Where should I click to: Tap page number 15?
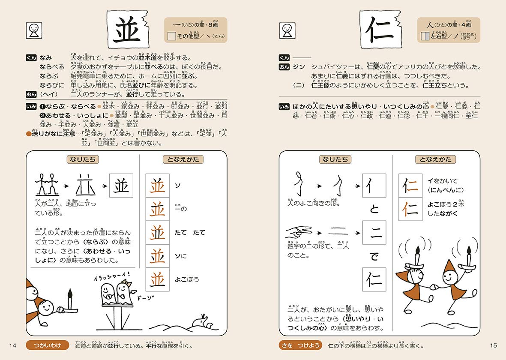(x=493, y=345)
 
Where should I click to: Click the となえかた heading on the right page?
(x=435, y=159)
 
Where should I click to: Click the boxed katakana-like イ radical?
(x=374, y=186)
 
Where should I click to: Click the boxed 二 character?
(x=374, y=233)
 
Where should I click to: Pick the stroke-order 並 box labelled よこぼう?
(x=157, y=279)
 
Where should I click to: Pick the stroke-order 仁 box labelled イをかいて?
(x=410, y=186)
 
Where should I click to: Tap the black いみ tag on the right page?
(x=284, y=107)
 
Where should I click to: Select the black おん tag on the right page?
(x=284, y=67)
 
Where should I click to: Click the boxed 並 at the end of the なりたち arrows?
(x=121, y=186)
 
